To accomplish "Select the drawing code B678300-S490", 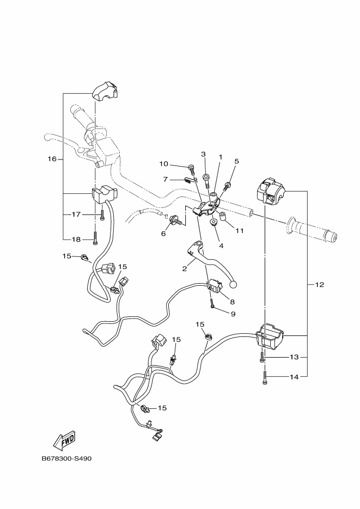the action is pyautogui.click(x=66, y=459).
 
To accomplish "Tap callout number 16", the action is pyautogui.click(x=52, y=159).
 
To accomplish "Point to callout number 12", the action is pyautogui.click(x=319, y=285).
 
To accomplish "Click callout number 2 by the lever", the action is pyautogui.click(x=185, y=268).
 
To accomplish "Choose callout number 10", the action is pyautogui.click(x=163, y=164).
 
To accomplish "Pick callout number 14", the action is pyautogui.click(x=294, y=377).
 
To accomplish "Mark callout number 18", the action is pyautogui.click(x=76, y=239).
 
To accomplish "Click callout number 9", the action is pyautogui.click(x=233, y=314).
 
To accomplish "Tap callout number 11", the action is pyautogui.click(x=240, y=230).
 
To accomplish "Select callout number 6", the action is pyautogui.click(x=163, y=234).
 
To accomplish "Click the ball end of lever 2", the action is pyautogui.click(x=233, y=285).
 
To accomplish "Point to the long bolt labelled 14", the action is pyautogui.click(x=265, y=378).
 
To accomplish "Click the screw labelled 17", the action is pyautogui.click(x=102, y=215).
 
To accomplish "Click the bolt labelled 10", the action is pyautogui.click(x=192, y=170).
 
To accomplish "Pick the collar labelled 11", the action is pyautogui.click(x=223, y=216).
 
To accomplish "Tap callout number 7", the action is pyautogui.click(x=165, y=179).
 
